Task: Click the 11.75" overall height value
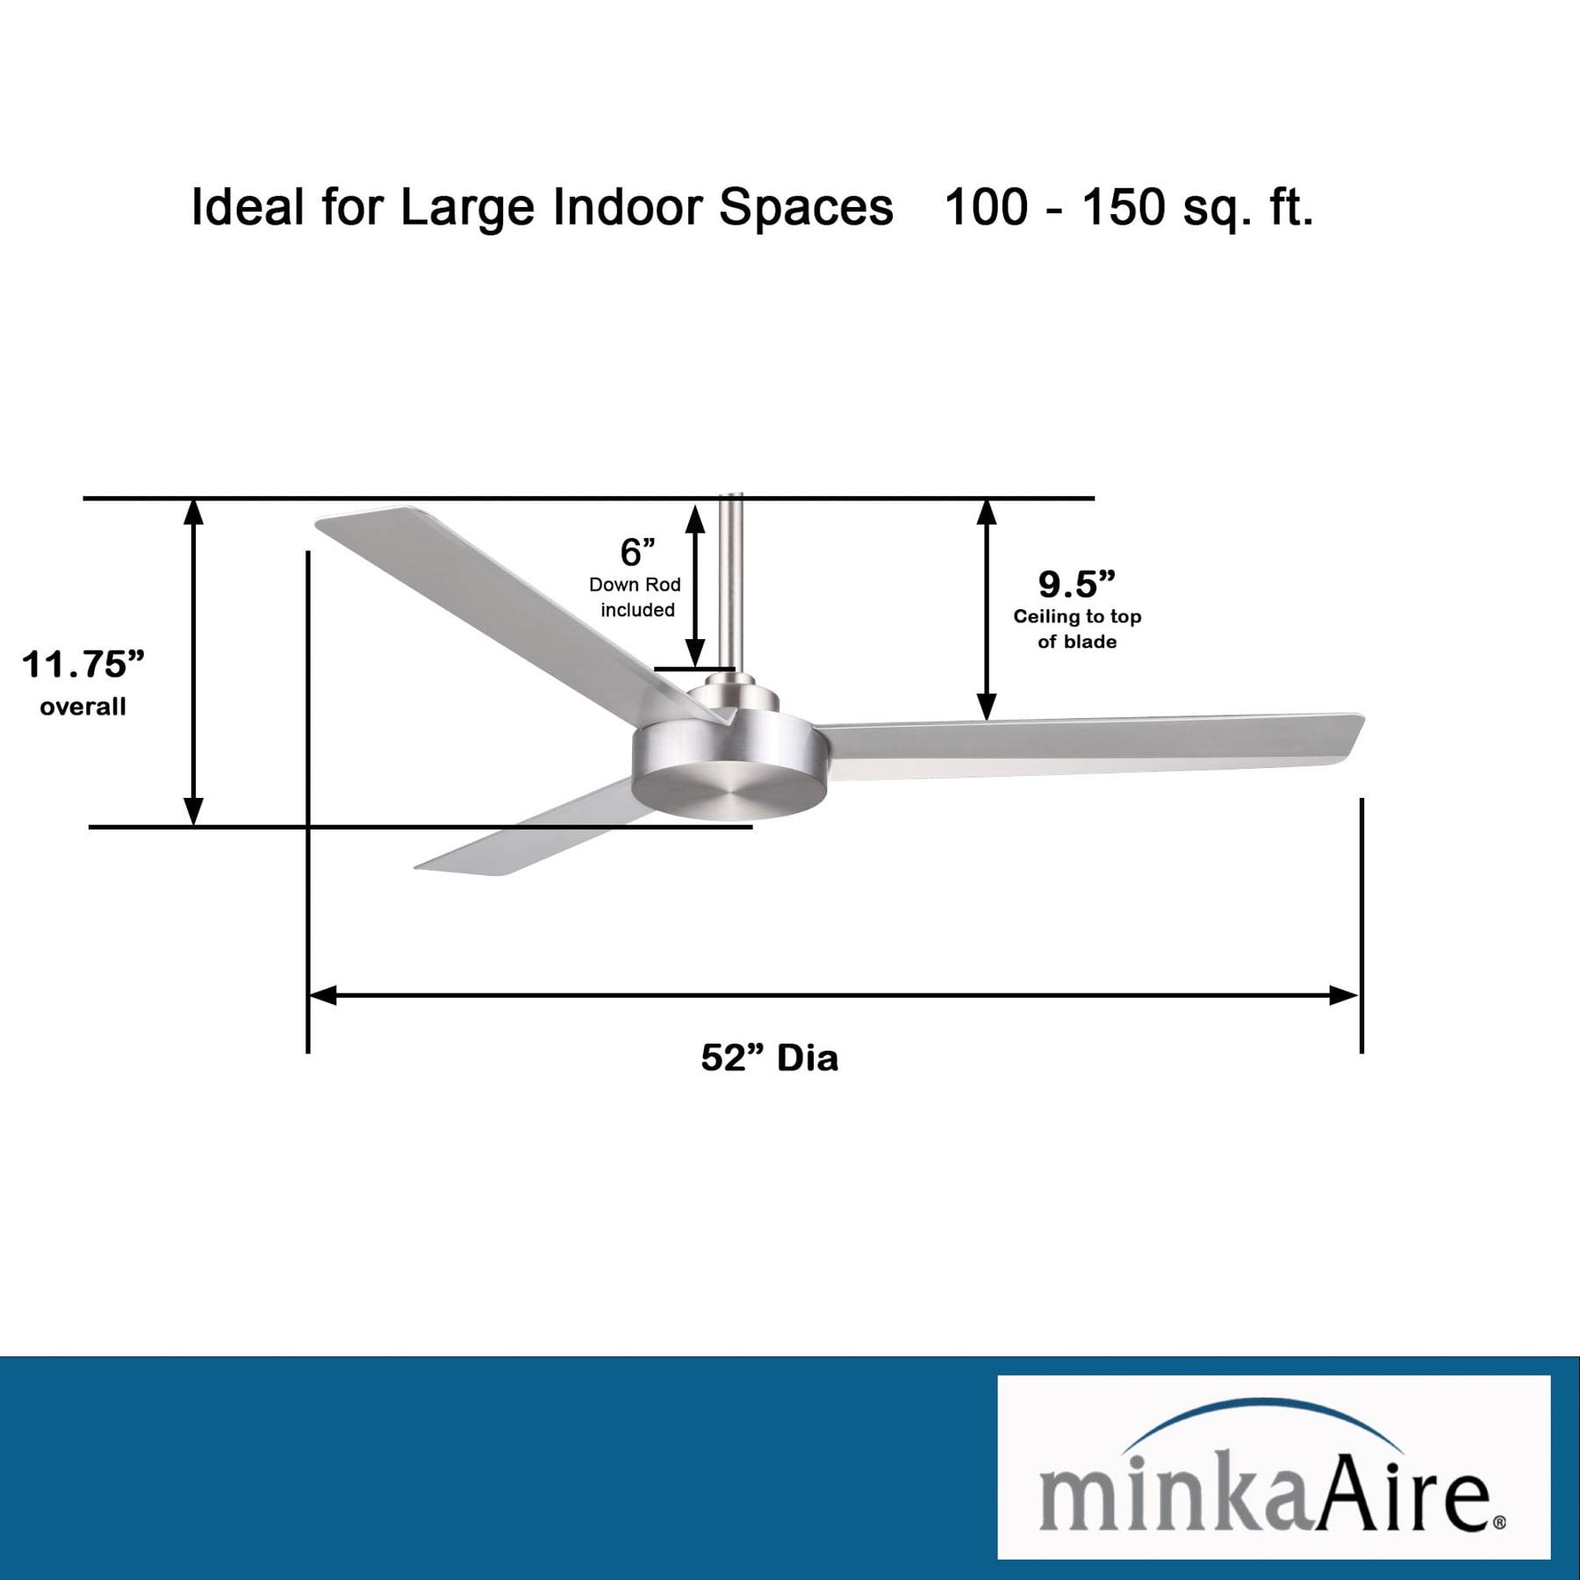(83, 664)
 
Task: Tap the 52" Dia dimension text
(769, 1058)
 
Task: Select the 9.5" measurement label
(1076, 584)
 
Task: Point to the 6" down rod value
(637, 553)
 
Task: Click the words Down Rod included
(636, 597)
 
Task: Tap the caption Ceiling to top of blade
(1077, 628)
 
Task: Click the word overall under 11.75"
(83, 707)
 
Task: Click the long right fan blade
(1088, 746)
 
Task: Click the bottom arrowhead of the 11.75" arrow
(193, 812)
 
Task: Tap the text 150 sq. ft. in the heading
(1197, 209)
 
